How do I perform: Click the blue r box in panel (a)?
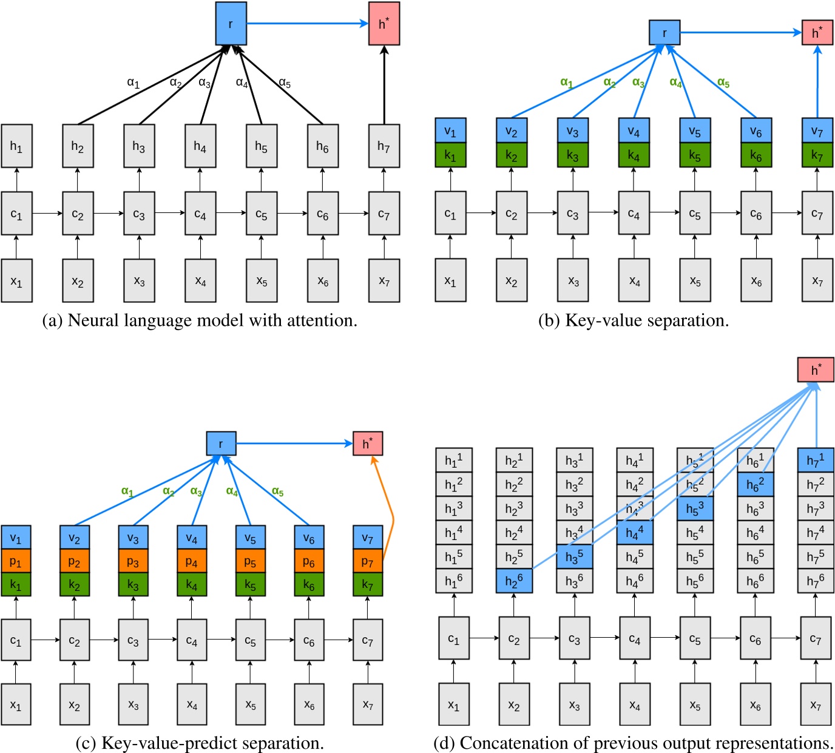(231, 24)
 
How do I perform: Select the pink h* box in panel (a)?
(384, 24)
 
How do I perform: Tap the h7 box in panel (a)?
(384, 146)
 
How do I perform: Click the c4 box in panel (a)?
(200, 214)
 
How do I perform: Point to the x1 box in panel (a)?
(16, 281)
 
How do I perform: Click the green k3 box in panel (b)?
(572, 155)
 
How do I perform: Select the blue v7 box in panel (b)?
(817, 130)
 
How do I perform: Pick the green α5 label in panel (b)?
(723, 83)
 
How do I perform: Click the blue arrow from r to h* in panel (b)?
(740, 33)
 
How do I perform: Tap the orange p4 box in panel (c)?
(192, 562)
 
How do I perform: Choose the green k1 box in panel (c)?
(16, 585)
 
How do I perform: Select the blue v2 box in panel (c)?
(74, 538)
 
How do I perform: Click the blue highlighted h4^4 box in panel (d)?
(635, 533)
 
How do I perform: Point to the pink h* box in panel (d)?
(816, 370)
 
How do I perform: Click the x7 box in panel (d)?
(816, 704)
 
